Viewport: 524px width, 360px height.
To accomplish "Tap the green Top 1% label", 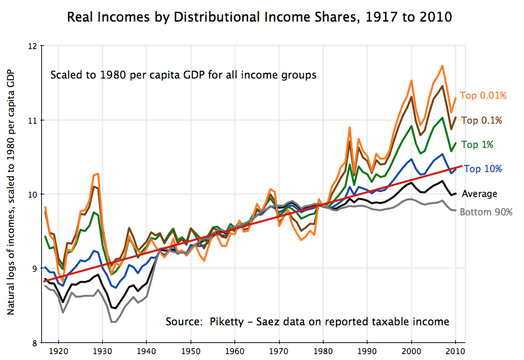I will (x=477, y=144).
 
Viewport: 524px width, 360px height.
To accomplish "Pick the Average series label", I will (x=479, y=194).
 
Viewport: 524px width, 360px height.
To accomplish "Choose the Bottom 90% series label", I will (x=486, y=211).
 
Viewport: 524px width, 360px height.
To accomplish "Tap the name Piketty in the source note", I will (x=230, y=321).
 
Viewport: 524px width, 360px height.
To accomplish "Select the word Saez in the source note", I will (x=269, y=321).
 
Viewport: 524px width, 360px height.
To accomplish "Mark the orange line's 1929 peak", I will (x=98, y=173).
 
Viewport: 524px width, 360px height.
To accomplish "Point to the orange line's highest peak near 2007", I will (x=443, y=65).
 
